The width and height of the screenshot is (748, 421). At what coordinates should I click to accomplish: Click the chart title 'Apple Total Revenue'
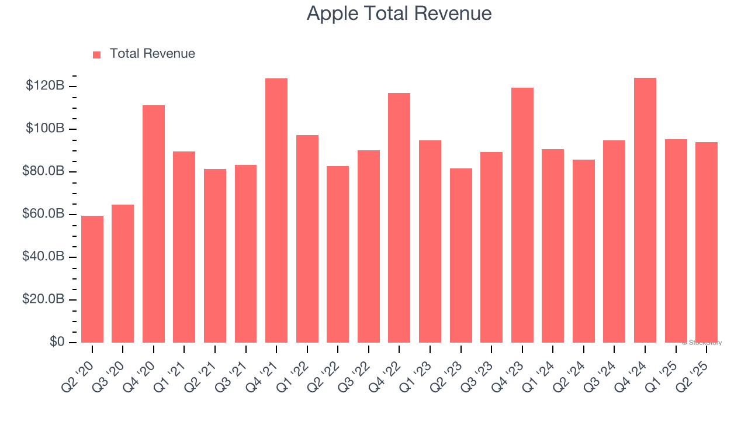[399, 13]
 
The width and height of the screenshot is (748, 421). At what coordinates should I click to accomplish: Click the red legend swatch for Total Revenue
[97, 54]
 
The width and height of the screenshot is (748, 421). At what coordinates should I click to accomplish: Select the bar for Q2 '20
[92, 279]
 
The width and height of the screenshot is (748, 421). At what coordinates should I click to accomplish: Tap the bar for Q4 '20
[154, 224]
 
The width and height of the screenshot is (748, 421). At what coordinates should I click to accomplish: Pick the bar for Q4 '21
[276, 210]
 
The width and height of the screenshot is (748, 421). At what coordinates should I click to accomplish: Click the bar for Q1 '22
[307, 239]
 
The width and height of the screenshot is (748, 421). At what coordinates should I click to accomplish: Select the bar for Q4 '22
[399, 218]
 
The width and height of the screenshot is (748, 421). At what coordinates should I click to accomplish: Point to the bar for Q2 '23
[461, 256]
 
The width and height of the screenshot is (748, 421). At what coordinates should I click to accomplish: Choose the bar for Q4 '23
[522, 215]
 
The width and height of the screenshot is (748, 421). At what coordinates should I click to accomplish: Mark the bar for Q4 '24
[645, 210]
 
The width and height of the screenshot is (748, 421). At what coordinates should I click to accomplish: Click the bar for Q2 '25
[707, 242]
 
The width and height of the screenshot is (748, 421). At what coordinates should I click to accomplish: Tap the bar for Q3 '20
[123, 274]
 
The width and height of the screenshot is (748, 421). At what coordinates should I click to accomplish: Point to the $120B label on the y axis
[45, 86]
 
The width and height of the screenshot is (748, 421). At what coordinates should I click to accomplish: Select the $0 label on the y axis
[56, 342]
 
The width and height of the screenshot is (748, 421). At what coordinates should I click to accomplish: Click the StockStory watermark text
[702, 343]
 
